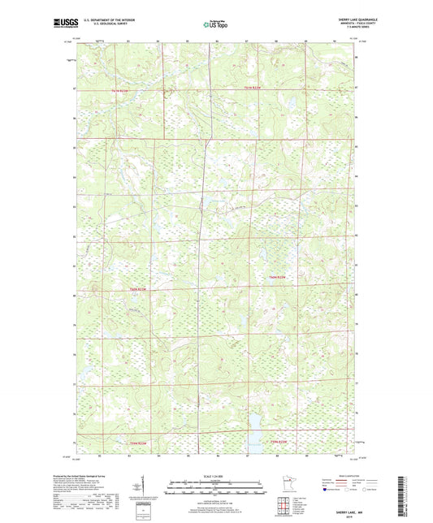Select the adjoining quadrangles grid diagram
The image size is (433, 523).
click(285, 506)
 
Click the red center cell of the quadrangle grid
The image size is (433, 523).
click(285, 506)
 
